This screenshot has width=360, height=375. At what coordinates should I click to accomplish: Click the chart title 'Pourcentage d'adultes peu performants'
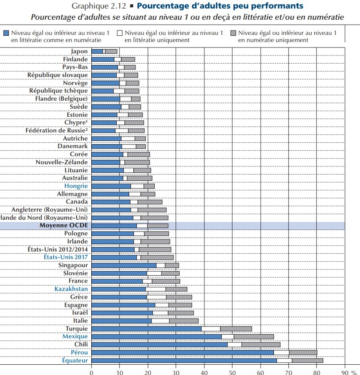pos(220,6)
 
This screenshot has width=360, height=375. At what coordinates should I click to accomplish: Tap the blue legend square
pos(6,33)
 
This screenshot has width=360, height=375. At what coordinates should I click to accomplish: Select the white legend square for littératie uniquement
pos(119,33)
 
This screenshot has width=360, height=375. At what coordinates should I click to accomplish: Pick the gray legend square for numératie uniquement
pos(233,33)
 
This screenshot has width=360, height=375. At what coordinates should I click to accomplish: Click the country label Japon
pos(79,51)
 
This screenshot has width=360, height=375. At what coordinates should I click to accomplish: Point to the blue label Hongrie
pos(76,186)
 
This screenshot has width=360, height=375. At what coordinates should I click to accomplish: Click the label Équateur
pos(75,360)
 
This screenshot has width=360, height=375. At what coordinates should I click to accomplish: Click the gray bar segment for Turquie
pos(236,328)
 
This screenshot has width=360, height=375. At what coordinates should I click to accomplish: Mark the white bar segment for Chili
pos(234,344)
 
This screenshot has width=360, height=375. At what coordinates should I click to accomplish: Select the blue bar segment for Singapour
pos(123,265)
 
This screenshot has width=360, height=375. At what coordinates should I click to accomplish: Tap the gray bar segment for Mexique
pos(254,337)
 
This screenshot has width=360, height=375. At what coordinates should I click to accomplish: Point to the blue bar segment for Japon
pos(97,51)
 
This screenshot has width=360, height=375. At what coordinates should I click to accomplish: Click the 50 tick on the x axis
pos(232,371)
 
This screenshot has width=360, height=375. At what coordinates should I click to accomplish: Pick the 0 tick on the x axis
pos(91,371)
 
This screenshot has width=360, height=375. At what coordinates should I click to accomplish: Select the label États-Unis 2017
pos(66,257)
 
